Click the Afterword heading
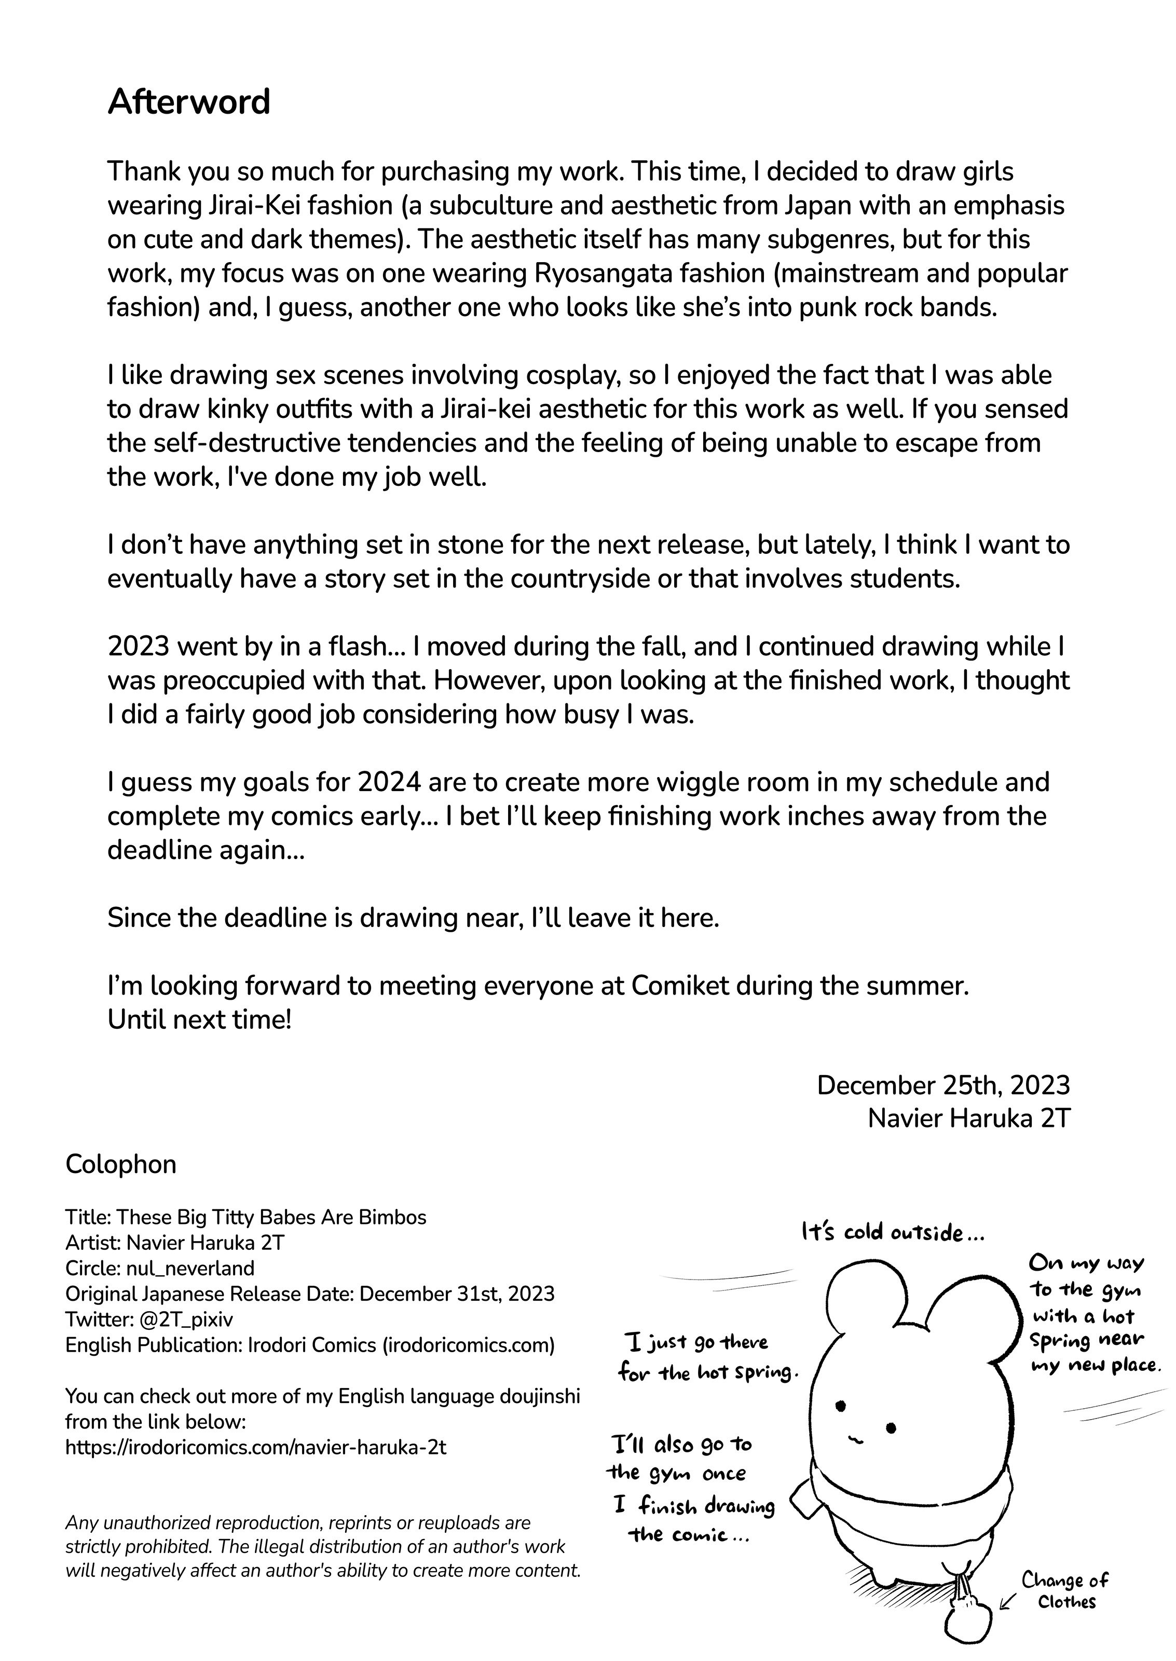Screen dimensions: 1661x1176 coord(188,102)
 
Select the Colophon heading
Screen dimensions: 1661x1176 coord(120,1164)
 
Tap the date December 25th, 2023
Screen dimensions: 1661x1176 coord(943,1085)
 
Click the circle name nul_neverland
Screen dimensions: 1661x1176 coord(190,1268)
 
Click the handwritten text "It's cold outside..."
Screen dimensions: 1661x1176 coord(892,1232)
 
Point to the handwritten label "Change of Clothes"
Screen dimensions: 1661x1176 coord(1064,1589)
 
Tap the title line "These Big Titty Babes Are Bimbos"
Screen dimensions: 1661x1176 coord(271,1217)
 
